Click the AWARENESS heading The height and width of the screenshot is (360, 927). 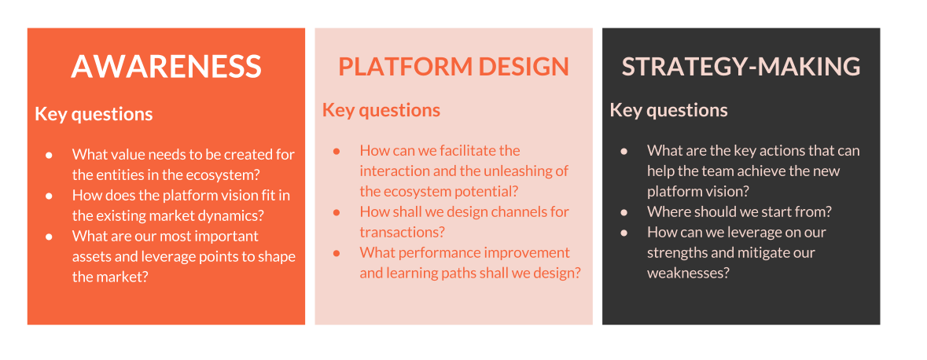pos(166,67)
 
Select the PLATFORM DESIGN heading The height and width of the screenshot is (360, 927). pos(454,67)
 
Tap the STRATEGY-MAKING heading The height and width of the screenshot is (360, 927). pos(741,67)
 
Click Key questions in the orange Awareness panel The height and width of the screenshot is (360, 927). pos(94,114)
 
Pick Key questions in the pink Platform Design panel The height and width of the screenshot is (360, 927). pos(381,110)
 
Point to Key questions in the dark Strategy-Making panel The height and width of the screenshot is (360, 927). pos(668,110)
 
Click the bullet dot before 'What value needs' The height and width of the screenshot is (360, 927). pos(50,155)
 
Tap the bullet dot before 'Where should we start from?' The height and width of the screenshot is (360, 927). pos(624,212)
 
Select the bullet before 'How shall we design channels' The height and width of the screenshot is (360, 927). pos(337,212)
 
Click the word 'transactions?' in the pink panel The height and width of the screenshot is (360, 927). pos(402,232)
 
